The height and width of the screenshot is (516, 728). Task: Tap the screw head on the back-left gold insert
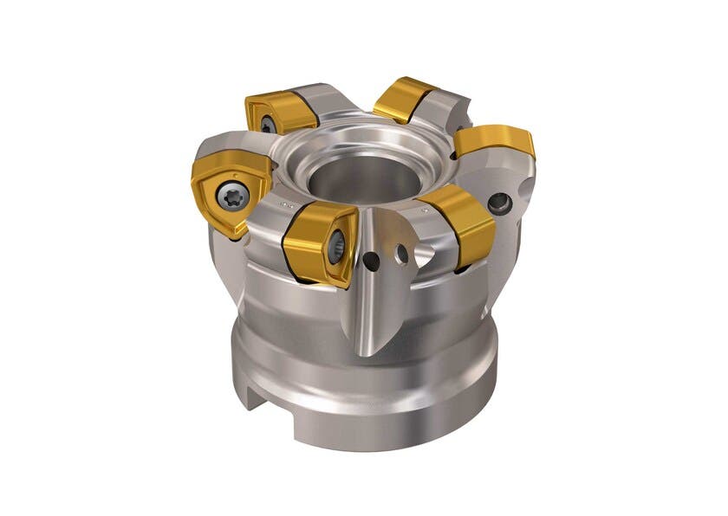[x=266, y=126]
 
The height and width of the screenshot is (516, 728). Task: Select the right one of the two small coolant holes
[x=401, y=252]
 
